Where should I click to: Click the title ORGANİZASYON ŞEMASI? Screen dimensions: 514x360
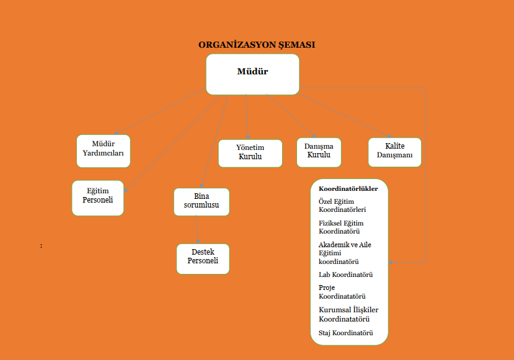point(257,45)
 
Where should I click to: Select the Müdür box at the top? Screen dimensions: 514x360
point(253,74)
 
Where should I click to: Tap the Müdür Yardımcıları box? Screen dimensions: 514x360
point(104,151)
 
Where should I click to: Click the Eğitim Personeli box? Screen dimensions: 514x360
point(98,198)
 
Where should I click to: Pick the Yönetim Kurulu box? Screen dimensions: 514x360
point(250,153)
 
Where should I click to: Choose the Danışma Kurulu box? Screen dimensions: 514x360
point(319,152)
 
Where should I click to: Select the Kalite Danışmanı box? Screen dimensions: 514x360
point(395,152)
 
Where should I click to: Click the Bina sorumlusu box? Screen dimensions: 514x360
point(202,202)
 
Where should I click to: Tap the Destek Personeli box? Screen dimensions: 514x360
point(203,259)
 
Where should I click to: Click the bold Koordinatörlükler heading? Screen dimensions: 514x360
point(348,189)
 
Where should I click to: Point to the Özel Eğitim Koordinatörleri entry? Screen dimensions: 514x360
point(342,205)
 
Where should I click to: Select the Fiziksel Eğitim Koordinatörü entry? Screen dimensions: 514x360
point(341,227)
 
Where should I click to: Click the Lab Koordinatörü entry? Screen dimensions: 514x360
point(345,274)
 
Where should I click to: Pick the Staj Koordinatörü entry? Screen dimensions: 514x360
point(346,333)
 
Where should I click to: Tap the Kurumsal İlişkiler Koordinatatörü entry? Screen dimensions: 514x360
point(348,314)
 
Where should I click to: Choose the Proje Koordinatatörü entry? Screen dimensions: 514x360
point(342,292)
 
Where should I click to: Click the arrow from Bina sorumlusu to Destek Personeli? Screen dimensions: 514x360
point(197,229)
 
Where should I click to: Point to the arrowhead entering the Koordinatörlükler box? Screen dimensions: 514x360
point(391,262)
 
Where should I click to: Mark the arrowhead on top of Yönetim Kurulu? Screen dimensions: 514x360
point(248,138)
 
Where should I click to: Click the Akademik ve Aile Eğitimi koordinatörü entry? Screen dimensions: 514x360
point(345,253)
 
